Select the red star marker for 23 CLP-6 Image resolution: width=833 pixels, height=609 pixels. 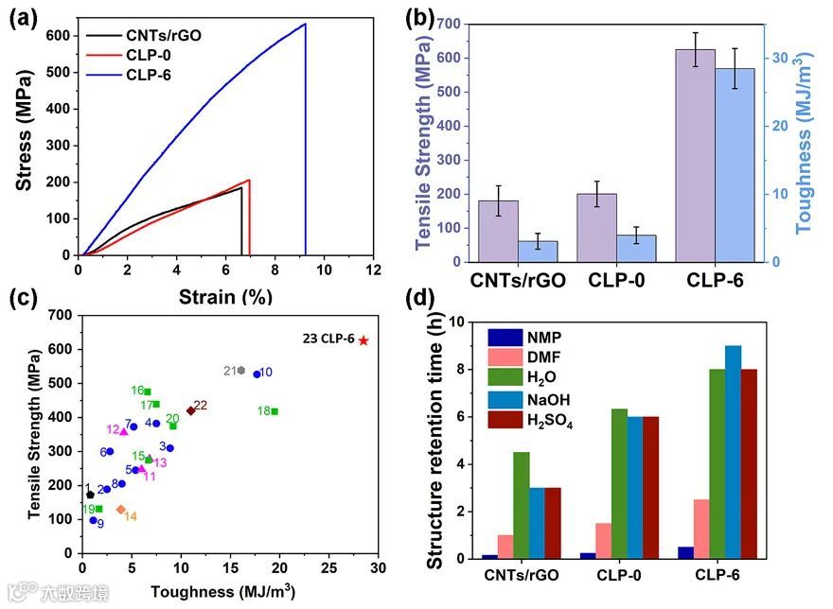coord(363,340)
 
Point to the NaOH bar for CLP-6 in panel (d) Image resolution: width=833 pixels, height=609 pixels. coord(733,452)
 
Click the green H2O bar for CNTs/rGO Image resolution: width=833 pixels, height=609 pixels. coord(522,505)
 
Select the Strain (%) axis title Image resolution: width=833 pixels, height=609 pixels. coord(224,295)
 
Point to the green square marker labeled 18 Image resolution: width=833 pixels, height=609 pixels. coord(275,411)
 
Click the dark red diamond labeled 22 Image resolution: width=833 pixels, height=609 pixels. coord(190,410)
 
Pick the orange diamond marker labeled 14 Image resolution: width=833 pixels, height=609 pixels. coord(120,510)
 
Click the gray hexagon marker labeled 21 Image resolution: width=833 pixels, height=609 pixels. coord(241,370)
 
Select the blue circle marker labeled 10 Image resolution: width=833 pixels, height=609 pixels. coord(257,374)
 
